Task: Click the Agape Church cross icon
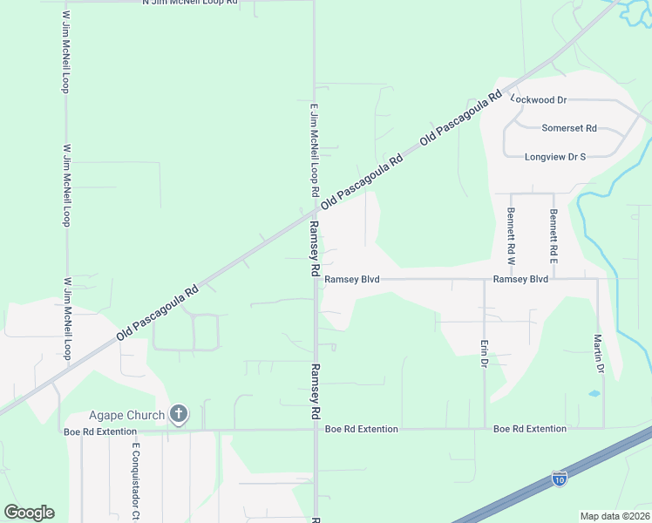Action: click(x=179, y=414)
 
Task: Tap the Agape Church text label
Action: click(x=126, y=415)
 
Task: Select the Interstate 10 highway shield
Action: click(x=559, y=478)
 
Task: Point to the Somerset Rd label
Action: click(x=568, y=128)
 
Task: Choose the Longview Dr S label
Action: click(x=555, y=157)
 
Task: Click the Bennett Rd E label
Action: click(x=553, y=225)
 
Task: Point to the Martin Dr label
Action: click(x=599, y=353)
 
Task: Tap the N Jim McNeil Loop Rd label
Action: click(x=189, y=3)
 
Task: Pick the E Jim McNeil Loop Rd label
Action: click(x=314, y=150)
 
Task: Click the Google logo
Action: click(x=29, y=513)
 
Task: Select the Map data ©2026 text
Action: click(x=615, y=516)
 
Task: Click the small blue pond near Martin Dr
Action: click(x=594, y=393)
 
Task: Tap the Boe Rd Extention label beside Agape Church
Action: click(x=100, y=431)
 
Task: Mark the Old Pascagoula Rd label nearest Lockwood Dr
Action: click(x=462, y=116)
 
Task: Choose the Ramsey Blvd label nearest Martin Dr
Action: click(x=520, y=280)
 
